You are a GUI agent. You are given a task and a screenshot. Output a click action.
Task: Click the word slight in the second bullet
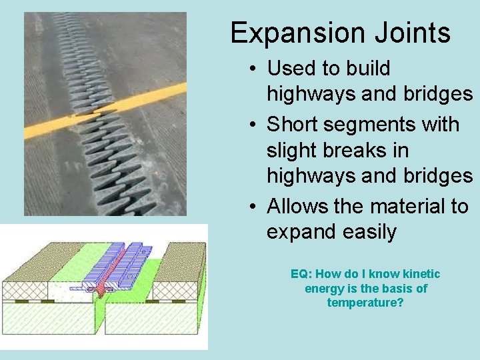[294, 151]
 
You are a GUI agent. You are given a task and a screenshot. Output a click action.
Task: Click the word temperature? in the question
[365, 303]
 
